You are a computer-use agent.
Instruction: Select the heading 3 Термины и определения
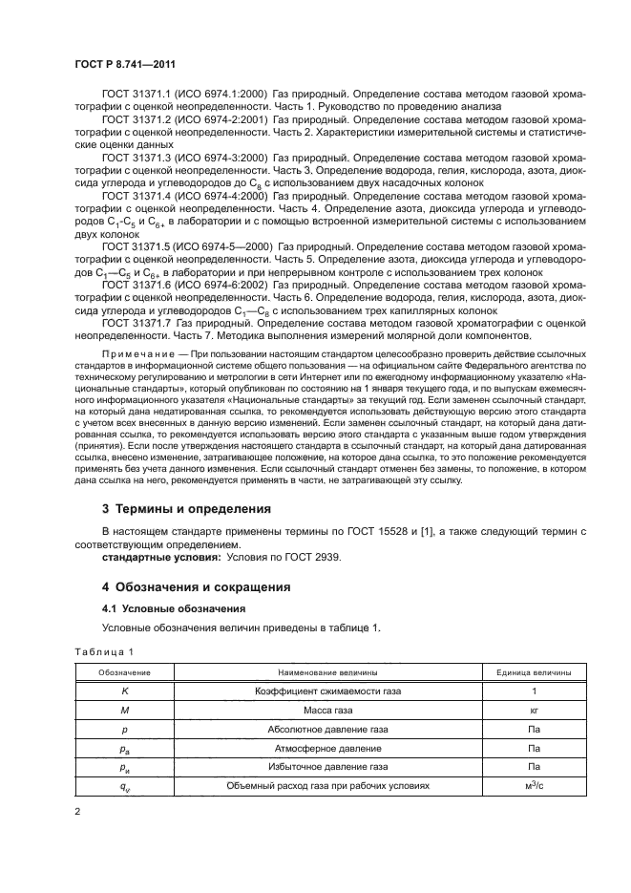(x=186, y=507)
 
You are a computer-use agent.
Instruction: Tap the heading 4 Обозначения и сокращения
(x=203, y=585)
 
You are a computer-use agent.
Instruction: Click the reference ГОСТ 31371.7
(x=137, y=323)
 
